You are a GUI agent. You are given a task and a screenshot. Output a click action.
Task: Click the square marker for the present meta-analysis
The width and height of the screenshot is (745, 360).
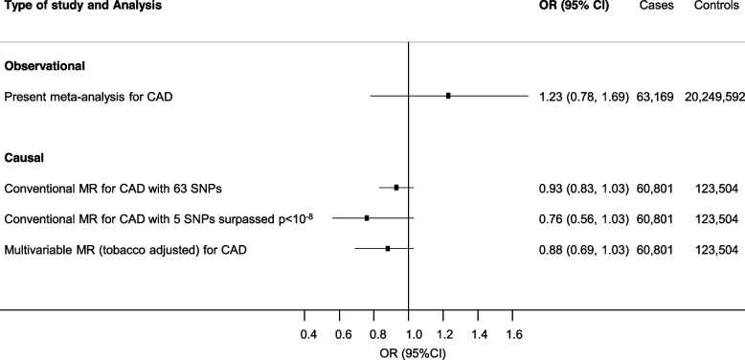(x=448, y=96)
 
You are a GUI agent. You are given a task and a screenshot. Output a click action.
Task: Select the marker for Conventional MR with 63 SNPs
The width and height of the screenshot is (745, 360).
(x=396, y=188)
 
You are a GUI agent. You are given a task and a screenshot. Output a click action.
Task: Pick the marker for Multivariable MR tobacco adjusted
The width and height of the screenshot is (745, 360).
(x=388, y=249)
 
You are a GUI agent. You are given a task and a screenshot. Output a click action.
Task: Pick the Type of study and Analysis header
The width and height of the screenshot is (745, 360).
(x=81, y=7)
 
